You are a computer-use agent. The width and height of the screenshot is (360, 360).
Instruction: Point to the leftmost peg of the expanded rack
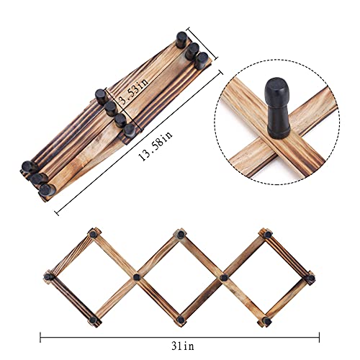click(47, 276)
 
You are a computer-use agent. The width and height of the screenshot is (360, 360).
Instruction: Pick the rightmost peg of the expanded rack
click(311, 276)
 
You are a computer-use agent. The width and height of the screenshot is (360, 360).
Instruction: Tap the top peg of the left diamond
click(92, 234)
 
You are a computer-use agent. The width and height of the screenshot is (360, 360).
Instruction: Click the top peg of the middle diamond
click(179, 233)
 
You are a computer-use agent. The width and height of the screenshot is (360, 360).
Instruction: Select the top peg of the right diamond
click(266, 234)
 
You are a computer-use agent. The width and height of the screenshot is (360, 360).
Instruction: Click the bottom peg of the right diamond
click(266, 318)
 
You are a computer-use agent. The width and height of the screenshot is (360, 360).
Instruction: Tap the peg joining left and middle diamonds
click(135, 276)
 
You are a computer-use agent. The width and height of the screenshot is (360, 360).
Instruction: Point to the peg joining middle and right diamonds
click(223, 276)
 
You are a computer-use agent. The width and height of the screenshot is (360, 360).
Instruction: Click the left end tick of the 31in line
click(41, 336)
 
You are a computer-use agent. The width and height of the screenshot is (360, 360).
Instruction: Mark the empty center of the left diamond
click(91, 276)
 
